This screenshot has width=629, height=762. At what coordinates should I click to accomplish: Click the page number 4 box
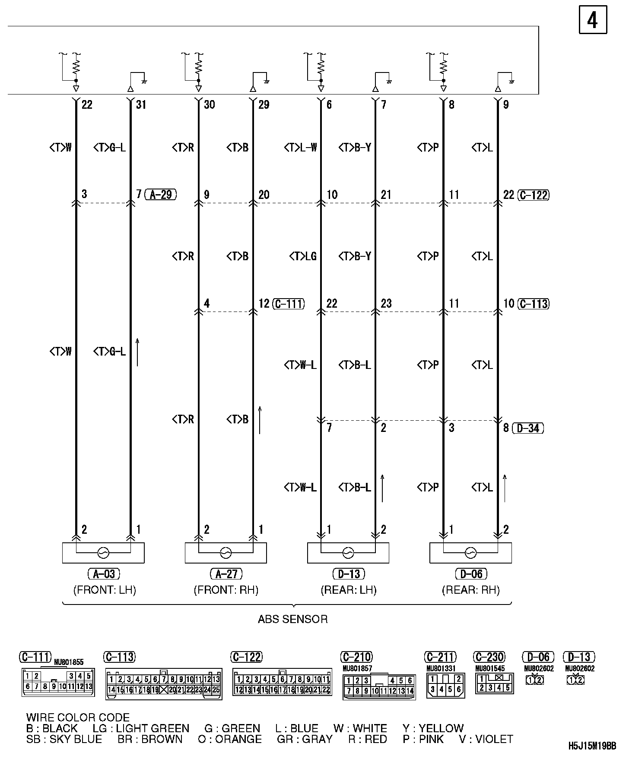click(x=592, y=20)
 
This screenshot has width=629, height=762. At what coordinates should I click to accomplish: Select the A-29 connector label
click(x=161, y=195)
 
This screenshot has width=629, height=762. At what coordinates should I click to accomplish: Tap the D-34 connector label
click(x=528, y=428)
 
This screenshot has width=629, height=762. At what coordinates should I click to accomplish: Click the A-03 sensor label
click(x=104, y=574)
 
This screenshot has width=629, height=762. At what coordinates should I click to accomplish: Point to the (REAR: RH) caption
click(x=470, y=590)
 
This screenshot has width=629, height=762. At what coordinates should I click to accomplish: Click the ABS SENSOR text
click(x=292, y=619)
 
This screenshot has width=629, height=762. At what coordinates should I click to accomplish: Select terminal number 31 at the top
click(x=141, y=105)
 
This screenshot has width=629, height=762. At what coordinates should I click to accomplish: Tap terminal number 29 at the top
click(x=264, y=105)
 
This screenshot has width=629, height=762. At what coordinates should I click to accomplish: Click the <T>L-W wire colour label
click(x=301, y=148)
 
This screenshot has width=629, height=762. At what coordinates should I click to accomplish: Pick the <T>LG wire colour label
click(x=303, y=257)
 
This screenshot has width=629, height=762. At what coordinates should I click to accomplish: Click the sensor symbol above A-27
click(x=226, y=553)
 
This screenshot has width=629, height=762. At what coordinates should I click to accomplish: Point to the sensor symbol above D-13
click(x=348, y=553)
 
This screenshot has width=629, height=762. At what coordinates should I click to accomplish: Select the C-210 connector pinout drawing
click(x=379, y=687)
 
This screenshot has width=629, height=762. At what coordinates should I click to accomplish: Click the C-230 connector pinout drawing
click(x=494, y=683)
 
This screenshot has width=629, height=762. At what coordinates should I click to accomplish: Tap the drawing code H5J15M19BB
click(x=592, y=746)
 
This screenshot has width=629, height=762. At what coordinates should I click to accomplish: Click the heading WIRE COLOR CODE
click(x=78, y=718)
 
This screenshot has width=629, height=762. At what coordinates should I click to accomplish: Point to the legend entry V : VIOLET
click(x=486, y=739)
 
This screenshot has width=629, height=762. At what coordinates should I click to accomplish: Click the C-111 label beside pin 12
click(x=288, y=304)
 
